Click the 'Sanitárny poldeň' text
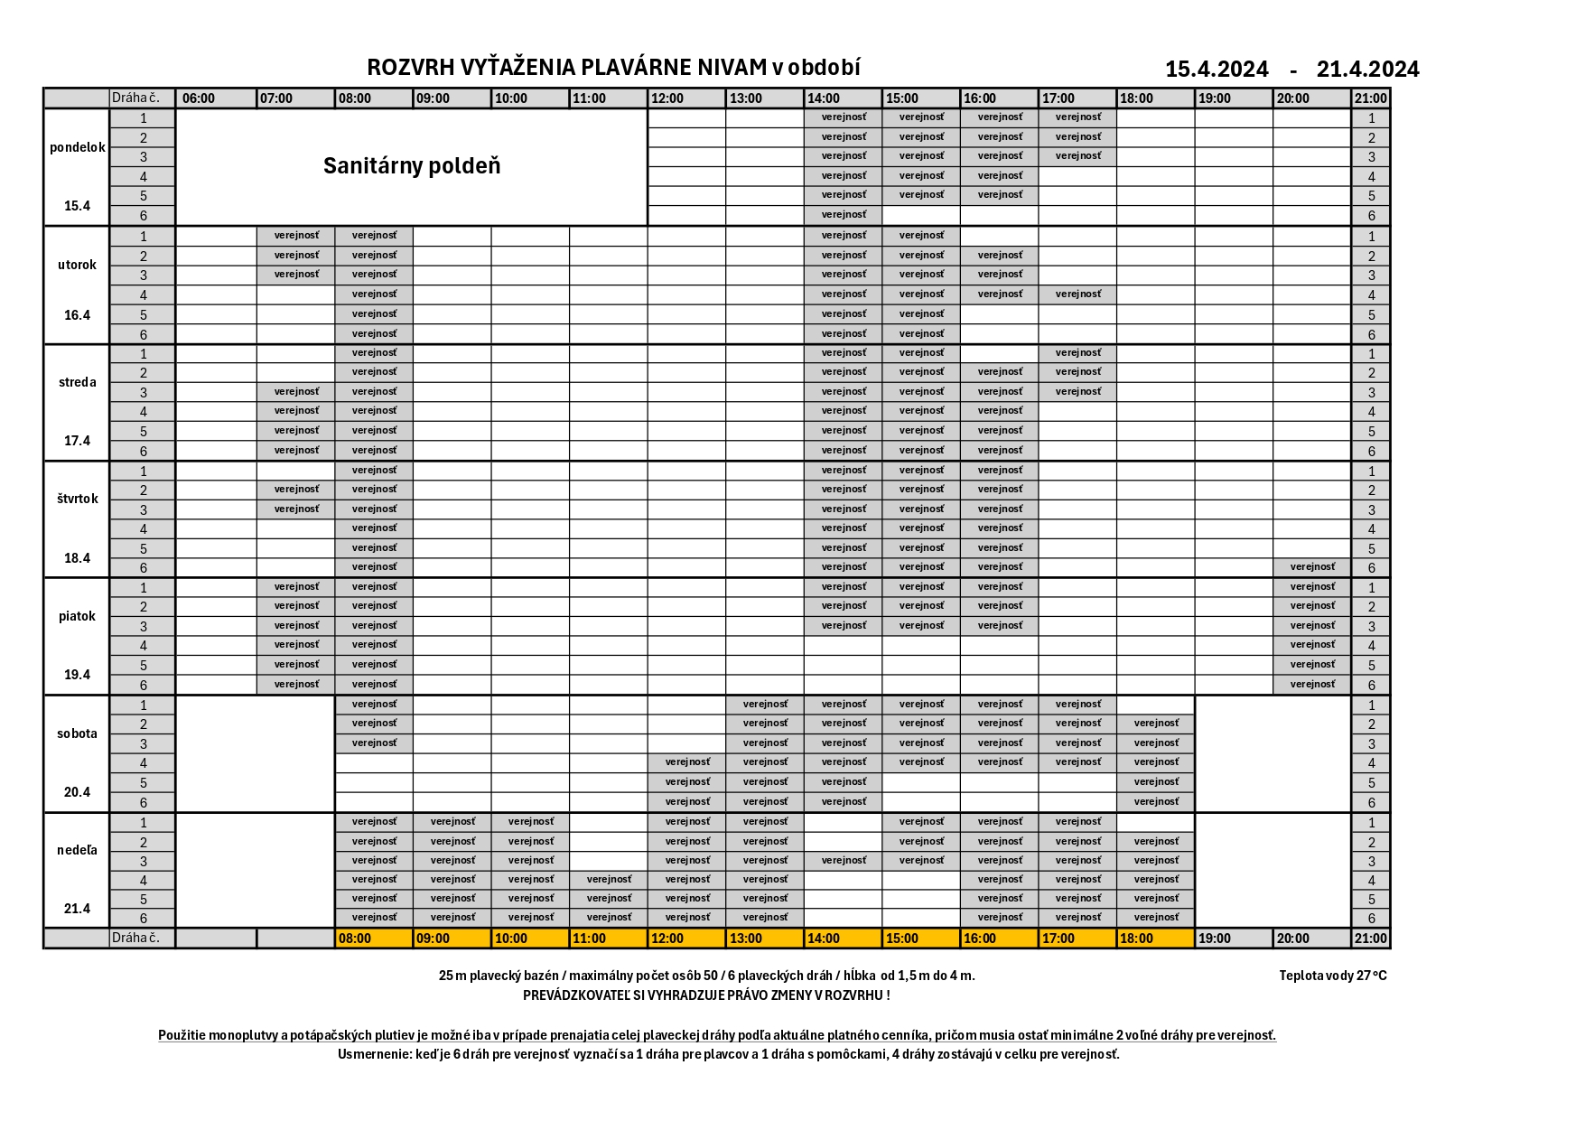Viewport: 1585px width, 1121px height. coord(411,166)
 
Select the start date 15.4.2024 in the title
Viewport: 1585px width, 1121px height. coord(1217,70)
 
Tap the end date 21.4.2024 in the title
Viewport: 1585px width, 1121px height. coord(1367,70)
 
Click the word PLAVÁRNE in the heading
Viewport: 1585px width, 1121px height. coord(624,68)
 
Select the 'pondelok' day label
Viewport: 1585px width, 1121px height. coord(78,147)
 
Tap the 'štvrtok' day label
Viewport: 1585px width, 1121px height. coord(78,499)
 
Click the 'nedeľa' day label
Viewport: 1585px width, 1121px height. coord(78,850)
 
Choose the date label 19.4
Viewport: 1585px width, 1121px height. coord(78,675)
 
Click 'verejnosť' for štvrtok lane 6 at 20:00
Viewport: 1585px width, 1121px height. coord(1312,567)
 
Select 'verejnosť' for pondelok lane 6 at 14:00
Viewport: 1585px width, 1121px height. coord(844,215)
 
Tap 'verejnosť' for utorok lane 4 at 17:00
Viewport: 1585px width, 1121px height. coord(1077,294)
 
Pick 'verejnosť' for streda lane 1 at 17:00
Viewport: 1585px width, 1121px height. coord(1077,353)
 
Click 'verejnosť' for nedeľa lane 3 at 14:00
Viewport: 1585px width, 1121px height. coord(844,861)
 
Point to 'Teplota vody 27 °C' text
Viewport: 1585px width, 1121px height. coord(1332,976)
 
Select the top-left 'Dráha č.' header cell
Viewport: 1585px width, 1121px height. coord(135,98)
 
